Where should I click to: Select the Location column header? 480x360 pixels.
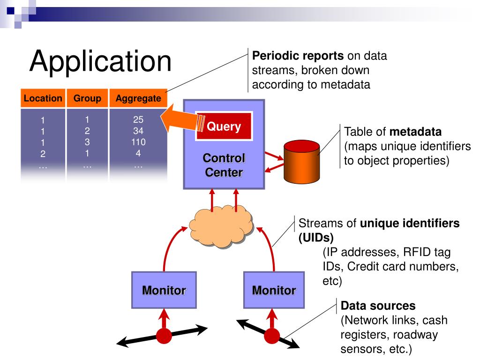coord(43,98)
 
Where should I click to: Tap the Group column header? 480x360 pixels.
coord(87,98)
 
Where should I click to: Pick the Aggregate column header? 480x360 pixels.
coord(138,98)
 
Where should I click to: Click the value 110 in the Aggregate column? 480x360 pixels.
coord(138,142)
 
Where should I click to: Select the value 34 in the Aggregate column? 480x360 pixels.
coord(138,131)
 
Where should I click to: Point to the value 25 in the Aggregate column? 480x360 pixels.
coord(138,120)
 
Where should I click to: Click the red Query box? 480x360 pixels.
coord(224,126)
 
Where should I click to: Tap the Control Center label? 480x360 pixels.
coord(224,165)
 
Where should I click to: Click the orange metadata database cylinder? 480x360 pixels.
coord(301,162)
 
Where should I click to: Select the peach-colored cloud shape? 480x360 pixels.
coord(221,226)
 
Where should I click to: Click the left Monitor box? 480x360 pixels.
coord(164,290)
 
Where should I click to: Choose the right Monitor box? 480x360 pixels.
coord(274,290)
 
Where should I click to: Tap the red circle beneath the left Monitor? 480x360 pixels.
coord(164,336)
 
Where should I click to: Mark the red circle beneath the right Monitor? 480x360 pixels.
coord(272,336)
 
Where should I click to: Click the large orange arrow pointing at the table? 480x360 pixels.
coord(180,120)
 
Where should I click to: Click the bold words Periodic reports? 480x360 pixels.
coord(298,56)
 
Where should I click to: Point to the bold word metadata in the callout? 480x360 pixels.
coord(415,132)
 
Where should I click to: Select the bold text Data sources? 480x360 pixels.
coord(378,306)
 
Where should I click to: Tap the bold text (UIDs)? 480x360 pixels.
coord(316,238)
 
